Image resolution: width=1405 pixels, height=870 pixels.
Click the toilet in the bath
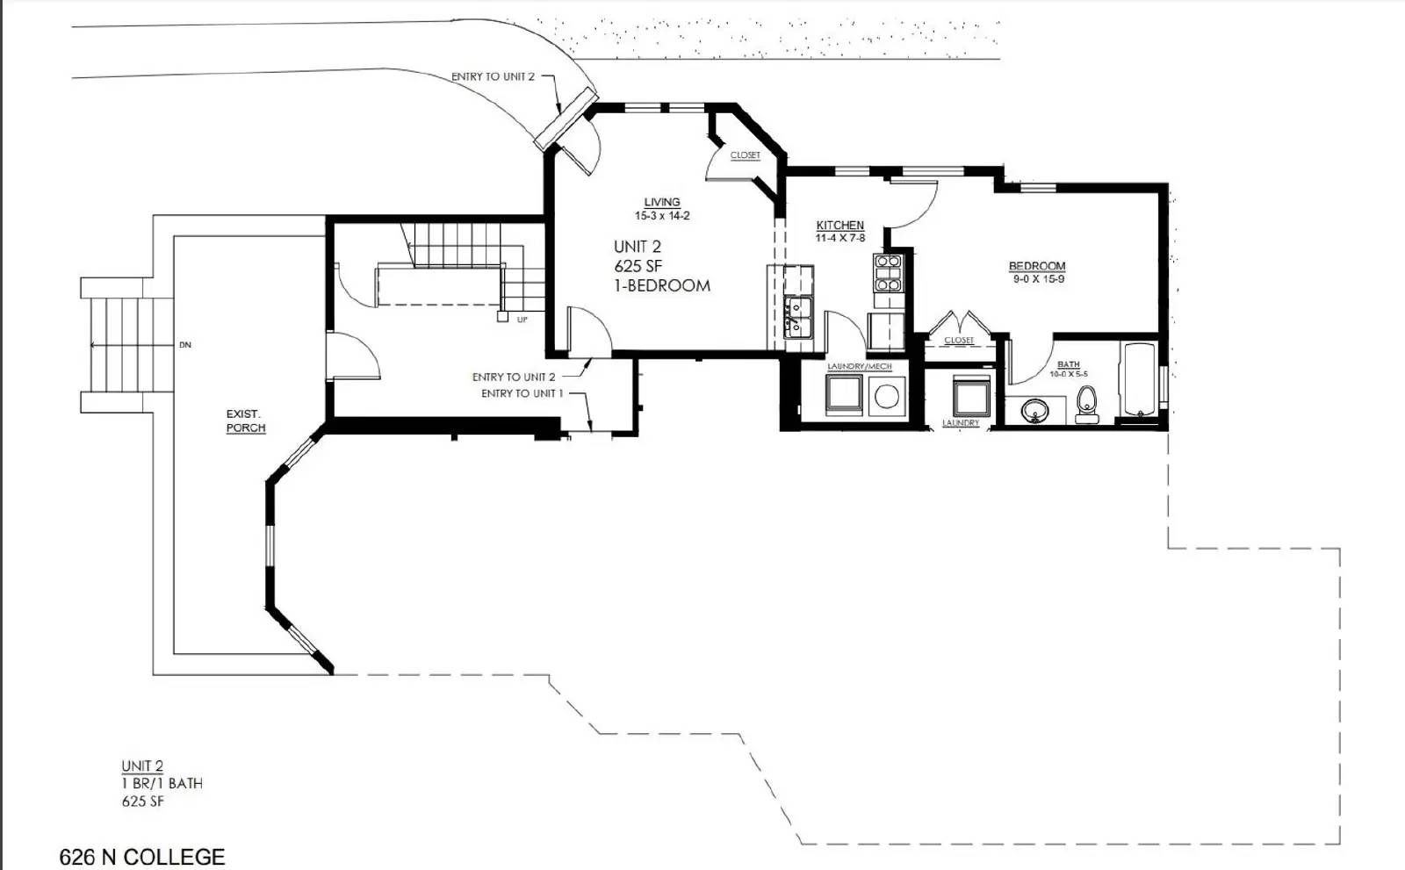click(1087, 402)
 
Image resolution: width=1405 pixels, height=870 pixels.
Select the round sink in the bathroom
click(1036, 410)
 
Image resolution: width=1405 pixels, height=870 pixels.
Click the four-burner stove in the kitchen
click(888, 272)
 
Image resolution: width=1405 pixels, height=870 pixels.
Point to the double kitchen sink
click(798, 317)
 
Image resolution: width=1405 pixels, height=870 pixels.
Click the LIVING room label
click(662, 202)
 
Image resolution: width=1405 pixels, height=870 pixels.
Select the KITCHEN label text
click(839, 226)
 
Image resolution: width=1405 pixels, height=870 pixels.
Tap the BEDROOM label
click(1036, 266)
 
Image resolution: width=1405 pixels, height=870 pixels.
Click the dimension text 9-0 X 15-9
click(1038, 279)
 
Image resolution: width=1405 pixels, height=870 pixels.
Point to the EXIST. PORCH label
click(245, 421)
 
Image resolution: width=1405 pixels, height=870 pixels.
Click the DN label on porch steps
click(185, 345)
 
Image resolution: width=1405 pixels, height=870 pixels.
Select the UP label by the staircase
click(522, 320)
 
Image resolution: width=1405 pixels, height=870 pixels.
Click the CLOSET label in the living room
click(745, 155)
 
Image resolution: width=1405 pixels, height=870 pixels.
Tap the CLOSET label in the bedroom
click(958, 341)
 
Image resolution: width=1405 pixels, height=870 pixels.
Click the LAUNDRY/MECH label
click(859, 366)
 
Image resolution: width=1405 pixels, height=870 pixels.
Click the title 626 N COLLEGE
click(141, 856)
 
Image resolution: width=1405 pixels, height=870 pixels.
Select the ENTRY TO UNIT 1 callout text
click(522, 393)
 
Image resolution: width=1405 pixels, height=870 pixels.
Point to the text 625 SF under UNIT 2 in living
click(638, 266)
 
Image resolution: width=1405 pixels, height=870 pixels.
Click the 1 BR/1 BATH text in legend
click(162, 783)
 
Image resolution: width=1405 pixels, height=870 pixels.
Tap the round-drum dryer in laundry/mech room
click(887, 396)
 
